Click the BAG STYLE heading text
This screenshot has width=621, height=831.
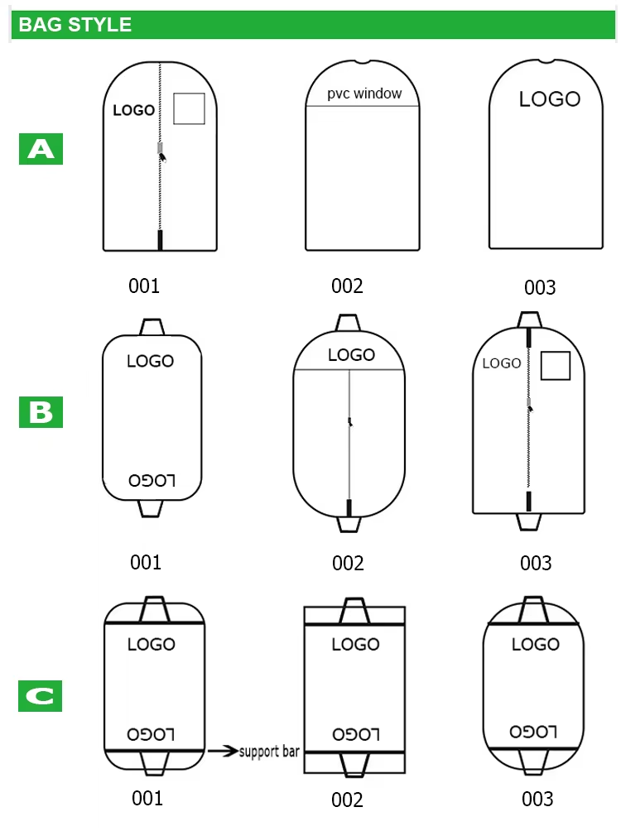tap(75, 24)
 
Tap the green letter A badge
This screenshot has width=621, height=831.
tap(41, 150)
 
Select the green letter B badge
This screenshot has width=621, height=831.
tap(41, 411)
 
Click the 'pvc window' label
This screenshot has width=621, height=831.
tap(364, 94)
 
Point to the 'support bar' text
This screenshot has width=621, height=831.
tap(269, 752)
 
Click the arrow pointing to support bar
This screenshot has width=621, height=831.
tap(221, 752)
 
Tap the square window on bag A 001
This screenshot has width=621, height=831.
tap(189, 108)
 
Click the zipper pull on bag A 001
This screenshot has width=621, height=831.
tap(161, 151)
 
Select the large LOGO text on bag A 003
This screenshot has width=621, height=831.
tap(550, 99)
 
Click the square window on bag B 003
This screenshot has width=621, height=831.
tap(556, 366)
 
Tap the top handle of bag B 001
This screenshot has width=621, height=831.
tap(151, 327)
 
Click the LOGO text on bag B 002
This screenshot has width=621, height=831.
tap(351, 355)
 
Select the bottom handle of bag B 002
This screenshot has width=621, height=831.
tap(349, 524)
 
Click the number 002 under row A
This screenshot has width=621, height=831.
tap(347, 286)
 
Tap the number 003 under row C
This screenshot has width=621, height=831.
tap(537, 799)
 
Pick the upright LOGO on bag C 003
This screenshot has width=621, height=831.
tap(535, 645)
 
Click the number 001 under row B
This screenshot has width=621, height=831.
tap(146, 563)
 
